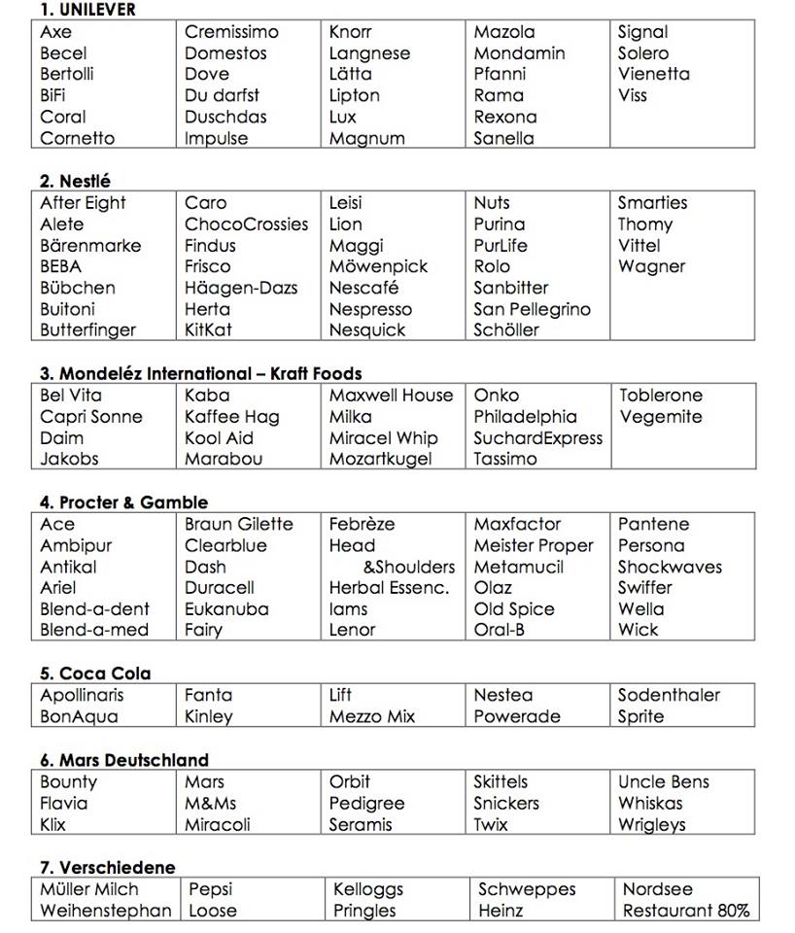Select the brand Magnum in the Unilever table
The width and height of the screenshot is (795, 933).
(x=366, y=138)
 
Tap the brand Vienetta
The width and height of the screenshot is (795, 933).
(x=653, y=74)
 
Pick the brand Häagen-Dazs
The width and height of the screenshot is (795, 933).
(x=241, y=288)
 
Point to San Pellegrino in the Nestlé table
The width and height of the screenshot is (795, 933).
(x=532, y=309)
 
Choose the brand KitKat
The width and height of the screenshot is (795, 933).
(x=208, y=330)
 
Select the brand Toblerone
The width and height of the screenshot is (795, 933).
(x=660, y=396)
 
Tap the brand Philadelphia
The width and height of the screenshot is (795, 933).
(x=525, y=417)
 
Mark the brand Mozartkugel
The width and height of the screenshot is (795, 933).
(x=380, y=459)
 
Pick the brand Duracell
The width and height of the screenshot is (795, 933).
(x=219, y=588)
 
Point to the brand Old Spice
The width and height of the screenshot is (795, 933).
(x=513, y=609)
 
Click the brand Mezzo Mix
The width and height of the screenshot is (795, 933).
(x=371, y=717)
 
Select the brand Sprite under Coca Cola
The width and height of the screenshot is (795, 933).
(x=640, y=717)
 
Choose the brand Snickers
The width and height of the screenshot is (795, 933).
(x=505, y=804)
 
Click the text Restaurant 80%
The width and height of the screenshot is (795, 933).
(x=685, y=911)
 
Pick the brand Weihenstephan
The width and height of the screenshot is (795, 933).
(x=106, y=911)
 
